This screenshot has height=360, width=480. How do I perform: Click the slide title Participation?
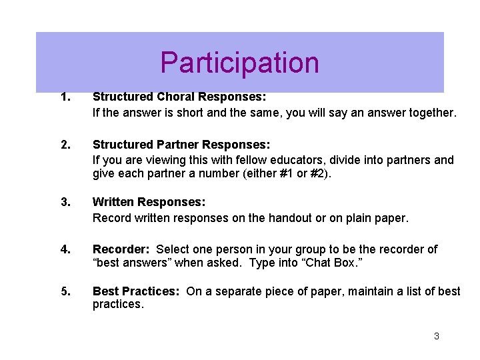pos(239,63)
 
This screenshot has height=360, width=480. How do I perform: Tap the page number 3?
pos(436,336)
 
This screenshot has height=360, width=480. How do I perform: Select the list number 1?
pos(65,98)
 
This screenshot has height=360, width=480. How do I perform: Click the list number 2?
pos(65,145)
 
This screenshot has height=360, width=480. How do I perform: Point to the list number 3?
pos(65,202)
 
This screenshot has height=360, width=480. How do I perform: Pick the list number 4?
pos(65,249)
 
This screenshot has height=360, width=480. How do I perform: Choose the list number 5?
pos(65,291)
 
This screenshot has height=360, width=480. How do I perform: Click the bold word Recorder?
pos(121,249)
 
